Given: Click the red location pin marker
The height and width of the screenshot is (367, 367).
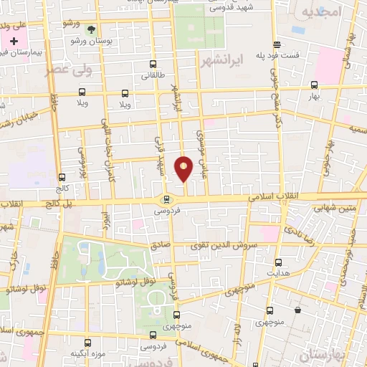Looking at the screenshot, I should [x=184, y=168].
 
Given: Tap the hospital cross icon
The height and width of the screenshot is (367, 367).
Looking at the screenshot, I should [x=13, y=41].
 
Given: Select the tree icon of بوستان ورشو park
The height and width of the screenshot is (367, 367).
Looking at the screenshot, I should [x=90, y=30].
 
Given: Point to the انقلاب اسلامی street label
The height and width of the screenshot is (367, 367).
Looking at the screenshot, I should [x=272, y=196].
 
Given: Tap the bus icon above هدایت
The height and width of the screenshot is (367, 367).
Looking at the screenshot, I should [x=279, y=263].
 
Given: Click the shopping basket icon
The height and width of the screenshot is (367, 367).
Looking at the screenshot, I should [x=297, y=310].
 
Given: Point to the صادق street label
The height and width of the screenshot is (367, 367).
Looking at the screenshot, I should [x=159, y=244].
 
